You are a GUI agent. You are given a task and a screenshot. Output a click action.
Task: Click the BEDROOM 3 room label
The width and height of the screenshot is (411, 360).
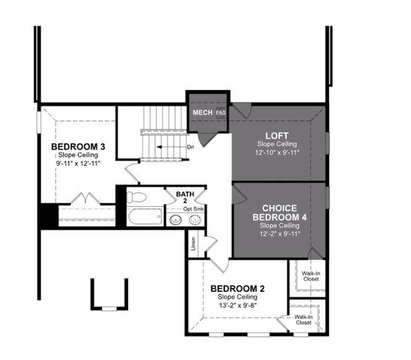click(x=76, y=145)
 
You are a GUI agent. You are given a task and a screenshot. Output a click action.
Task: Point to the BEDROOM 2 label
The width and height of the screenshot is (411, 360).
click(x=237, y=289)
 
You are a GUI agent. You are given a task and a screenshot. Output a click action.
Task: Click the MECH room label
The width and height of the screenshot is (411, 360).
click(x=202, y=113)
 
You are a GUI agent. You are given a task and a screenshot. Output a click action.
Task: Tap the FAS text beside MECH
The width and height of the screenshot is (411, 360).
click(x=220, y=114)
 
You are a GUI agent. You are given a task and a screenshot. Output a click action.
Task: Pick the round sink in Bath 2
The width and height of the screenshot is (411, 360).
click(x=175, y=220)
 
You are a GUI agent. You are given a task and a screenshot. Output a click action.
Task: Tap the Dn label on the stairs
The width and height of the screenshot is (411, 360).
click(x=191, y=146)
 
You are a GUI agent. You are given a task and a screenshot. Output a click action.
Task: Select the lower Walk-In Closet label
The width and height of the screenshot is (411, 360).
click(x=304, y=320)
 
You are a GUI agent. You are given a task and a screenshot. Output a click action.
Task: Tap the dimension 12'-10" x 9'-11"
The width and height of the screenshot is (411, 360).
click(x=277, y=152)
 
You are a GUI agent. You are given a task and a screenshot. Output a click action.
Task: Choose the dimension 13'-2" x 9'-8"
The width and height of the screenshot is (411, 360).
click(x=237, y=306)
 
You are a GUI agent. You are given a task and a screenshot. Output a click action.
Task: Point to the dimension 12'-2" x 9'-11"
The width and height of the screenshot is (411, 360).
click(x=280, y=233)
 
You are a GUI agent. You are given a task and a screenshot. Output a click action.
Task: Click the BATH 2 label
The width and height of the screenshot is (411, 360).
click(x=185, y=197)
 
